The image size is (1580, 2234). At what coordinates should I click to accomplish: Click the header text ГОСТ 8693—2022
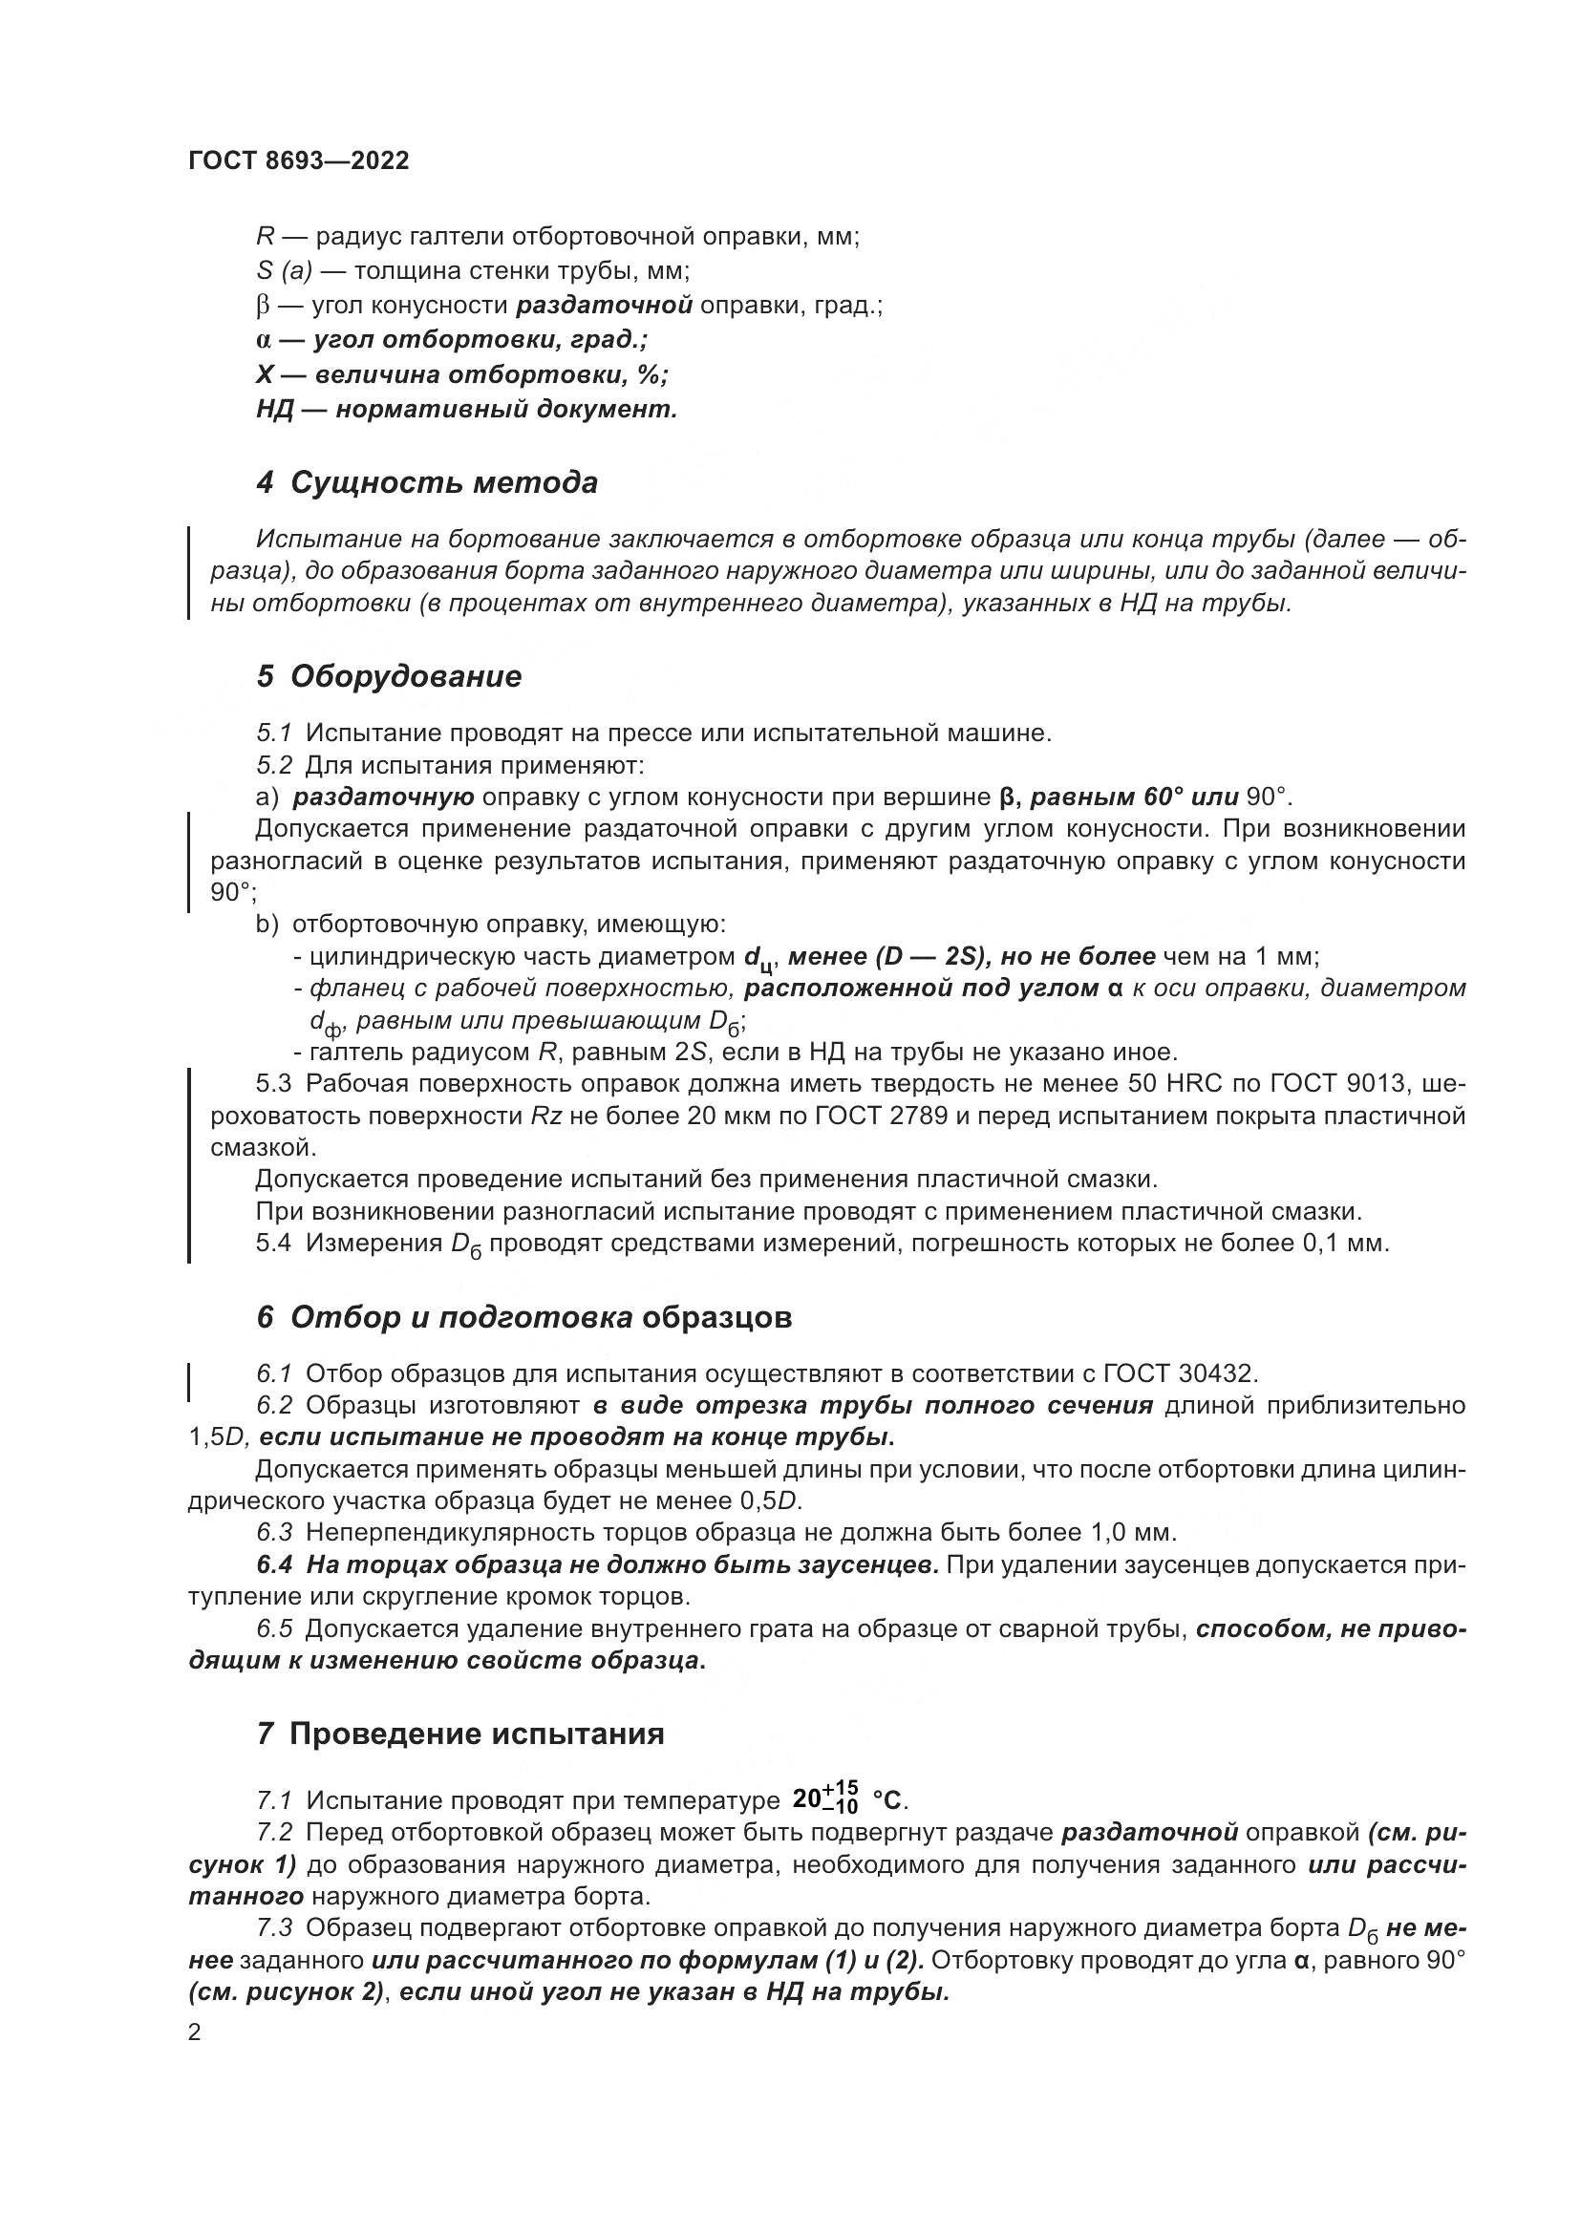(x=299, y=161)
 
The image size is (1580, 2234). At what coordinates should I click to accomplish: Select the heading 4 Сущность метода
(x=427, y=482)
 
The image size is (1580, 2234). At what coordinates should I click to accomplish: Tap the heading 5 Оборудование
(x=389, y=676)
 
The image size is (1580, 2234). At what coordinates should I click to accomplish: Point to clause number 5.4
(x=273, y=1244)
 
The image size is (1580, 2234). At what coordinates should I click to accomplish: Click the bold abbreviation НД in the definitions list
(x=275, y=410)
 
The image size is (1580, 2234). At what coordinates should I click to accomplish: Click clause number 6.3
(x=274, y=1532)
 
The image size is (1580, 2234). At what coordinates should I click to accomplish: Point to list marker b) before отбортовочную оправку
(x=267, y=925)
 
